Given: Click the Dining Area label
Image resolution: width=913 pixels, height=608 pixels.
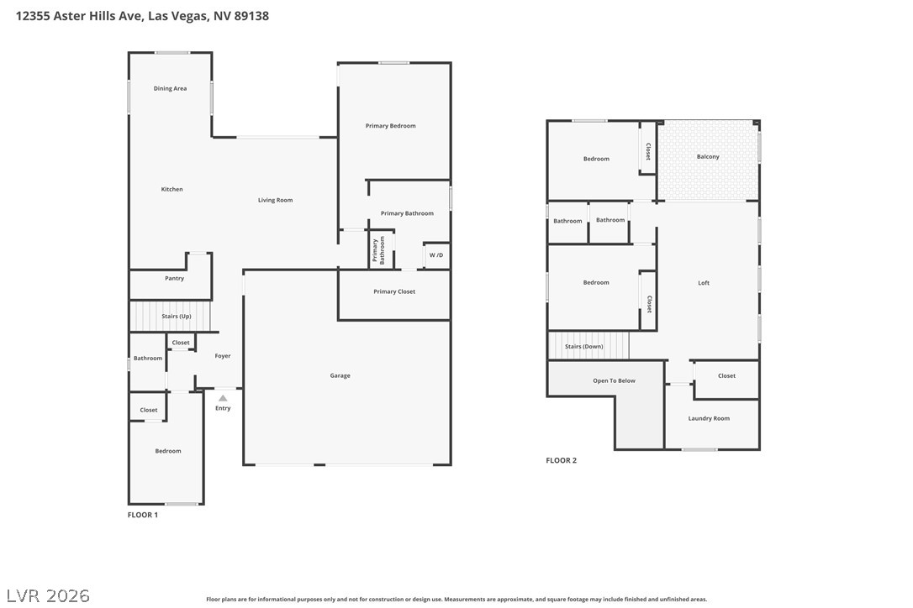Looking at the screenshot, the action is coord(170,88).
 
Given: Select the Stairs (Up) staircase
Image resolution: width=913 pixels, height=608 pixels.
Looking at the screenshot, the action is coord(170,317).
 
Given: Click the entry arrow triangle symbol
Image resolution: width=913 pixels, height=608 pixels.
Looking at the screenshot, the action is coord(223,399).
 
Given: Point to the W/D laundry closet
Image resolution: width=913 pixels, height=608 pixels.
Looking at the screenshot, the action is coord(436,255).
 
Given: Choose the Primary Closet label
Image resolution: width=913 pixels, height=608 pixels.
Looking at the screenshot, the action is coord(394,291).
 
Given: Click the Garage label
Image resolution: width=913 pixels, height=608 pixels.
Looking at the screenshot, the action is coord(340,376).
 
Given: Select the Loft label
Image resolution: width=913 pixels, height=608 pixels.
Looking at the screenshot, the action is coord(704,283).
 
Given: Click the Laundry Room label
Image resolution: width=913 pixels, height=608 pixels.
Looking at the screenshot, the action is coord(709,418).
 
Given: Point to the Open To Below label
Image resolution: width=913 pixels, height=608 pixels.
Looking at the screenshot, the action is coord(615,380).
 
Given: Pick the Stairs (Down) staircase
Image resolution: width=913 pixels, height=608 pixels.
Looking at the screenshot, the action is coord(589,346).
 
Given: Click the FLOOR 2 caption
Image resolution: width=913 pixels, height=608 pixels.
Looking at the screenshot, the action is coord(562,460).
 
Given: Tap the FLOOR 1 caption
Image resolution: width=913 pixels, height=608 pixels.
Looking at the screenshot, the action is coord(143,515).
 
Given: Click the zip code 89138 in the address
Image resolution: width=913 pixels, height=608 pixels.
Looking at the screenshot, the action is coord(251,16).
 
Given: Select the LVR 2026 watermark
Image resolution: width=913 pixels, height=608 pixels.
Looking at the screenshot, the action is coord(48,595).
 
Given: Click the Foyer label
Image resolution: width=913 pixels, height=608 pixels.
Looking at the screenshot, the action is coord(223,356).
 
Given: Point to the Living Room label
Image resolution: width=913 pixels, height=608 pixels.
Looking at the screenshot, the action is coord(276,200).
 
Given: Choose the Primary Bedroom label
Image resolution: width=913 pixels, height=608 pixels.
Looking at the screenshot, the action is coord(391,126).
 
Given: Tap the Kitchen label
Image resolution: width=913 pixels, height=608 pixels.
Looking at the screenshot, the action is coord(172,189).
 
